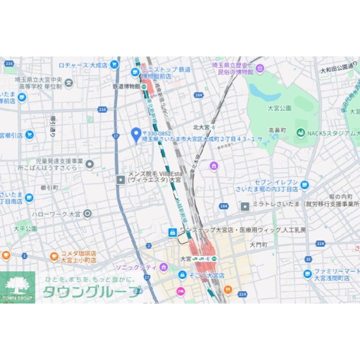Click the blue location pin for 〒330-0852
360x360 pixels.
point(136,135)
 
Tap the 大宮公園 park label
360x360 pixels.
point(279,108)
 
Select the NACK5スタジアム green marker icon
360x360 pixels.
point(301,133)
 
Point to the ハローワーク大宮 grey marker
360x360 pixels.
point(87,214)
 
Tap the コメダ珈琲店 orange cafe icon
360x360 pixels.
point(54,256)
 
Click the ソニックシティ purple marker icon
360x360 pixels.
point(164,267)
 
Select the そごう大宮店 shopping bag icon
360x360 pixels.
point(183,275)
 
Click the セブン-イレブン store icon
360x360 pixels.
point(305,185)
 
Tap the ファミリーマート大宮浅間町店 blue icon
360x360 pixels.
point(307,274)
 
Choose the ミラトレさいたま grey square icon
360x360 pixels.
point(245,206)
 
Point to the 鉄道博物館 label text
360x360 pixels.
point(126,86)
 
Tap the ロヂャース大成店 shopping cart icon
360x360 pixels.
point(114,65)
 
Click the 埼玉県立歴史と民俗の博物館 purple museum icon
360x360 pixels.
point(260,68)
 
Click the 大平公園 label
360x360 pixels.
point(25,228)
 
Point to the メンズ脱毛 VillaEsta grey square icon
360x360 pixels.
point(121,179)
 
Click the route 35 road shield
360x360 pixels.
point(307,259)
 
